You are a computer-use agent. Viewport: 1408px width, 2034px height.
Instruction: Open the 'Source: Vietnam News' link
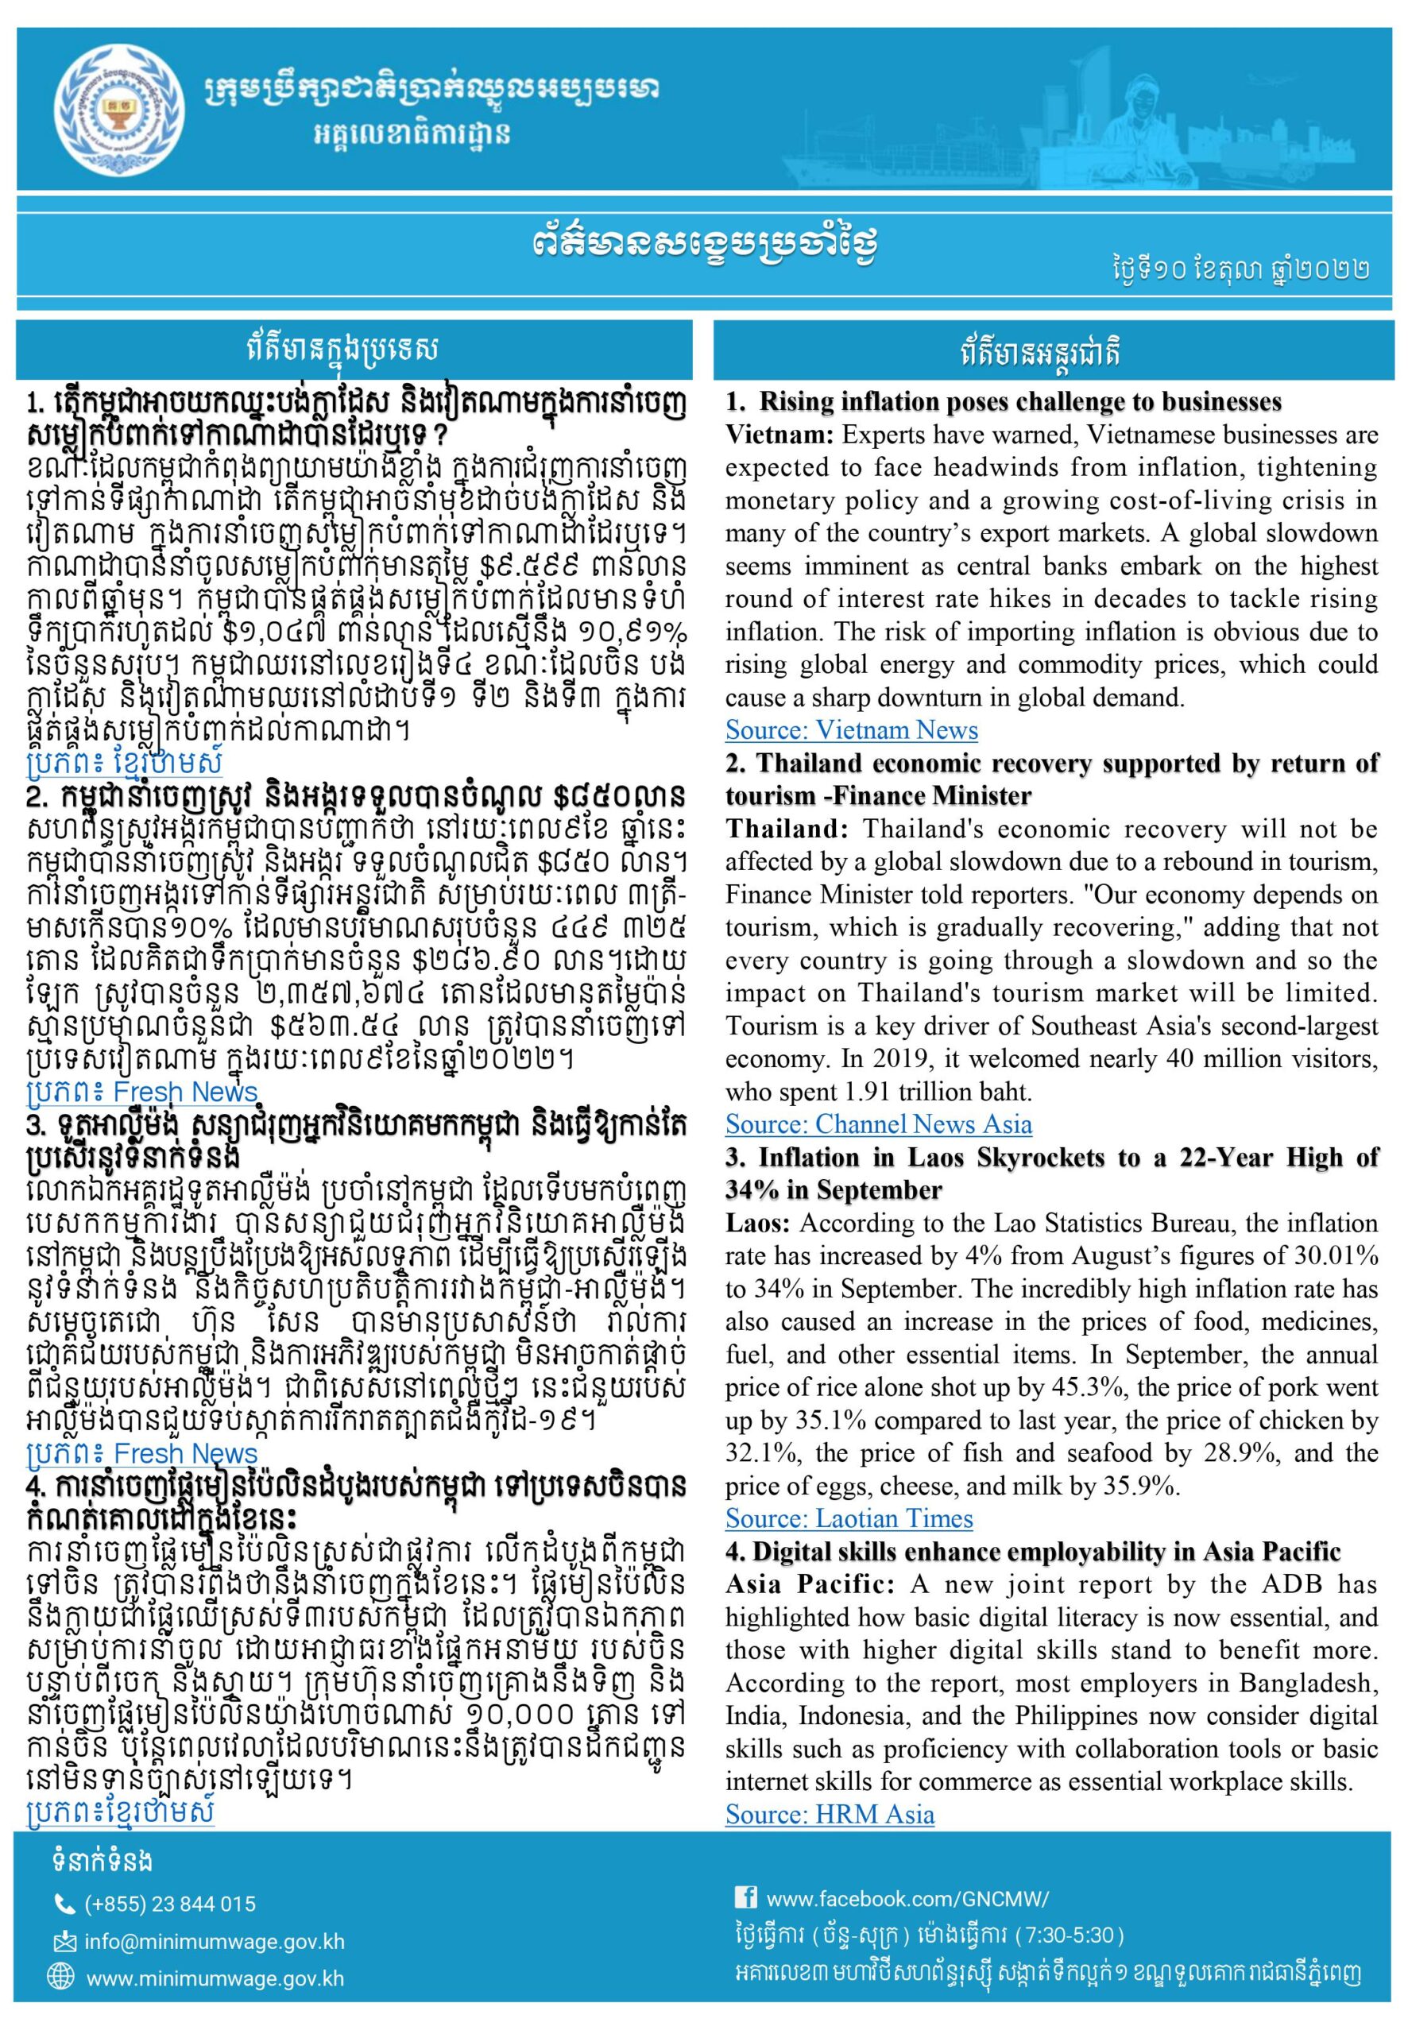coord(851,729)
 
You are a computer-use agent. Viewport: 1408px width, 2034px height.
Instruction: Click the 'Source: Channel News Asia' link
coord(878,1123)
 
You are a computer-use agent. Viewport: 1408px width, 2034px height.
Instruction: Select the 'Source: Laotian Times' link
coord(849,1518)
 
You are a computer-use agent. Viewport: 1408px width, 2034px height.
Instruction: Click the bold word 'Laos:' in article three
coord(759,1224)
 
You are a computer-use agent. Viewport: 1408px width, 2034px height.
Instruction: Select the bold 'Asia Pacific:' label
coord(809,1584)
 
